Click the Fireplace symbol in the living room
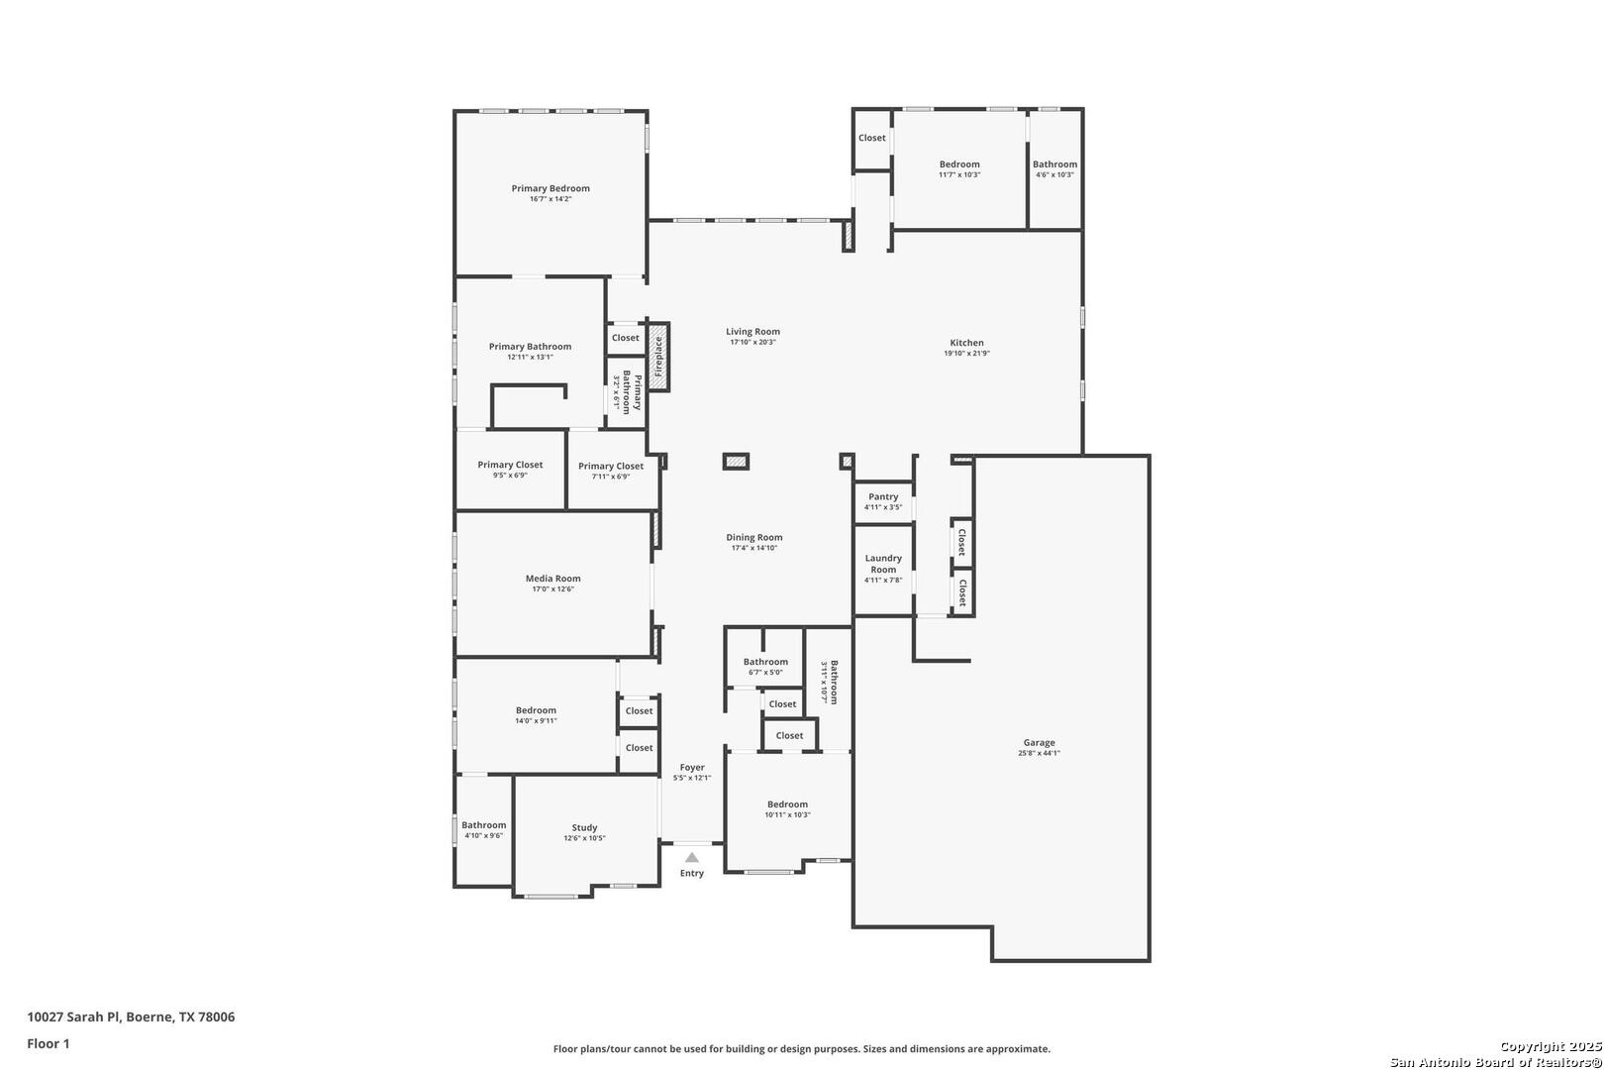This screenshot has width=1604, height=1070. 658,357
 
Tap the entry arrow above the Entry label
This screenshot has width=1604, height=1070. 692,858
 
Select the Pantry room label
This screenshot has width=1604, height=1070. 883,496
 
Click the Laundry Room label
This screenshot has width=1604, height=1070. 883,564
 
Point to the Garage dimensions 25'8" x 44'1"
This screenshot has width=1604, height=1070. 1039,753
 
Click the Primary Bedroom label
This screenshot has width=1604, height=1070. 551,188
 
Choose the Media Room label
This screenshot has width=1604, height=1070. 552,579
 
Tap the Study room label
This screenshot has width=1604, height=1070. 584,827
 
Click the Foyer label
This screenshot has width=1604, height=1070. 692,767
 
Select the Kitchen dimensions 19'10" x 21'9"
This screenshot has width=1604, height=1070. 966,354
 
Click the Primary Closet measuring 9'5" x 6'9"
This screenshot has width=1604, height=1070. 510,470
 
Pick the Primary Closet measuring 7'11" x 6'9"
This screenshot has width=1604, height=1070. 611,471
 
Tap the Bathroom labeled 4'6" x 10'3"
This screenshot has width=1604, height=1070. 1054,169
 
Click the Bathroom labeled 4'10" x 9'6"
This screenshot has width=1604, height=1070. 484,830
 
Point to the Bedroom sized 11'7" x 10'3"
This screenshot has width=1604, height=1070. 959,169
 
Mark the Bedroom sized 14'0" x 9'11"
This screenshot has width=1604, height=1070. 536,715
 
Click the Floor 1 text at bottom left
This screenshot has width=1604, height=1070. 49,1043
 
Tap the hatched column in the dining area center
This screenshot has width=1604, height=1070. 736,461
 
